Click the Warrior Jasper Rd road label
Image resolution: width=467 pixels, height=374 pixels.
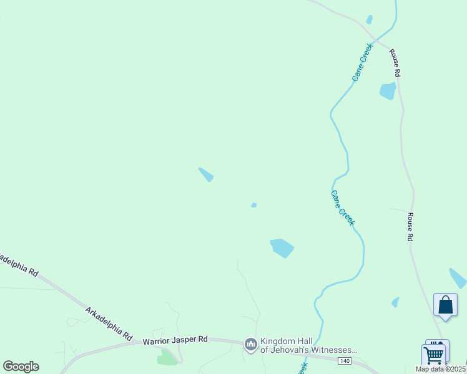(175, 340)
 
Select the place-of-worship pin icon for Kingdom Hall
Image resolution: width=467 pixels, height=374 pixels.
(251, 345)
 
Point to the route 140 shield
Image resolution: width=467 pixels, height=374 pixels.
(345, 361)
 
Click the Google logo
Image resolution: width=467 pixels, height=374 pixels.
(21, 367)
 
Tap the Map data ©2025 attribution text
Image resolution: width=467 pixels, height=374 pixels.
(441, 369)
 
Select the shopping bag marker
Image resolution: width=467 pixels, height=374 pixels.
(445, 306)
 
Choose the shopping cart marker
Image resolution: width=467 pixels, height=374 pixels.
(433, 356)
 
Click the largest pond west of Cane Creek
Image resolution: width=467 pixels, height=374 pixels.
(282, 247)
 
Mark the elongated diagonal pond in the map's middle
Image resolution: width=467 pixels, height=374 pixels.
(206, 175)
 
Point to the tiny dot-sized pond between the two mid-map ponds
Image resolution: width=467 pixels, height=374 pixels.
(253, 205)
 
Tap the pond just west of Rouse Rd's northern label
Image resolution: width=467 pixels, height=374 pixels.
(387, 91)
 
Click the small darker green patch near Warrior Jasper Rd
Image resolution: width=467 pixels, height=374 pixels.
(167, 357)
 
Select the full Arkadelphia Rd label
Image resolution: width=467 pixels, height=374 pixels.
(109, 323)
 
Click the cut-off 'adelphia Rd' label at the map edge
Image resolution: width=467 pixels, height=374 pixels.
(19, 264)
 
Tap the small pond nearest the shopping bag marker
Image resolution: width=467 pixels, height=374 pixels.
(395, 302)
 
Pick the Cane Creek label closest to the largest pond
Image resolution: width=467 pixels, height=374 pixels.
(343, 208)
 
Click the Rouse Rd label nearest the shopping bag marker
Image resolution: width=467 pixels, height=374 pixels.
(410, 227)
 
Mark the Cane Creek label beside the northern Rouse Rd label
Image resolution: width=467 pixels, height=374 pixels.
(362, 62)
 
